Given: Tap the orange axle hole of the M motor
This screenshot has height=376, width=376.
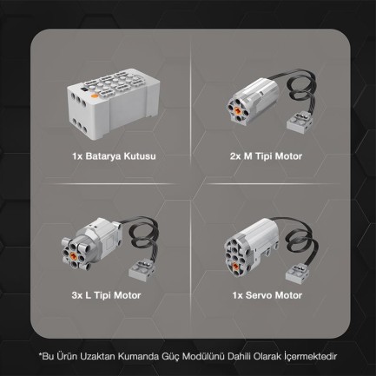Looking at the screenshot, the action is [x=237, y=110].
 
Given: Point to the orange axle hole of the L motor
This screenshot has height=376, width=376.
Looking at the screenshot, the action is [x=74, y=255].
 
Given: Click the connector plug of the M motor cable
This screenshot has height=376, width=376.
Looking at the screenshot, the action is [x=300, y=122].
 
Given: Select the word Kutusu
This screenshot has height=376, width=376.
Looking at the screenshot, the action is [x=140, y=156].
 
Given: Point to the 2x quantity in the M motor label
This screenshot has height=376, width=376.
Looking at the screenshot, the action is [x=236, y=156].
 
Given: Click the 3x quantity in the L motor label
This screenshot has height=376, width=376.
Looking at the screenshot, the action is [x=77, y=295].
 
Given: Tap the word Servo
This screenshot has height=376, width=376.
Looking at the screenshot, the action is [x=259, y=295].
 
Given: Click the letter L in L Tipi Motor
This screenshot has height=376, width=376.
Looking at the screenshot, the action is [x=89, y=295].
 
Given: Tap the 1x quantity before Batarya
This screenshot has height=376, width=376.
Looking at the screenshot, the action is [x=77, y=156].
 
